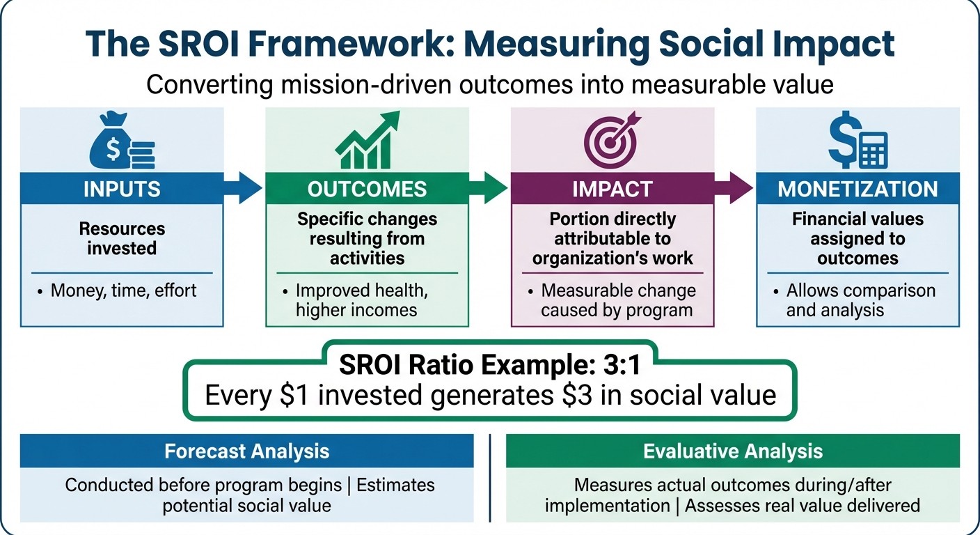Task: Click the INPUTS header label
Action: point(122,189)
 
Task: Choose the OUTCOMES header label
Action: point(367,189)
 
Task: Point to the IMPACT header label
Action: point(612,189)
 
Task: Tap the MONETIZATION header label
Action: point(857,189)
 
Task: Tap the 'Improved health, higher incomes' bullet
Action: point(361,300)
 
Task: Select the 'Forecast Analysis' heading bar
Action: point(246,451)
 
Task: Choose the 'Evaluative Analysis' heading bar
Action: point(732,451)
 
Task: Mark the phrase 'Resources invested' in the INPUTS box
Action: point(122,238)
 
